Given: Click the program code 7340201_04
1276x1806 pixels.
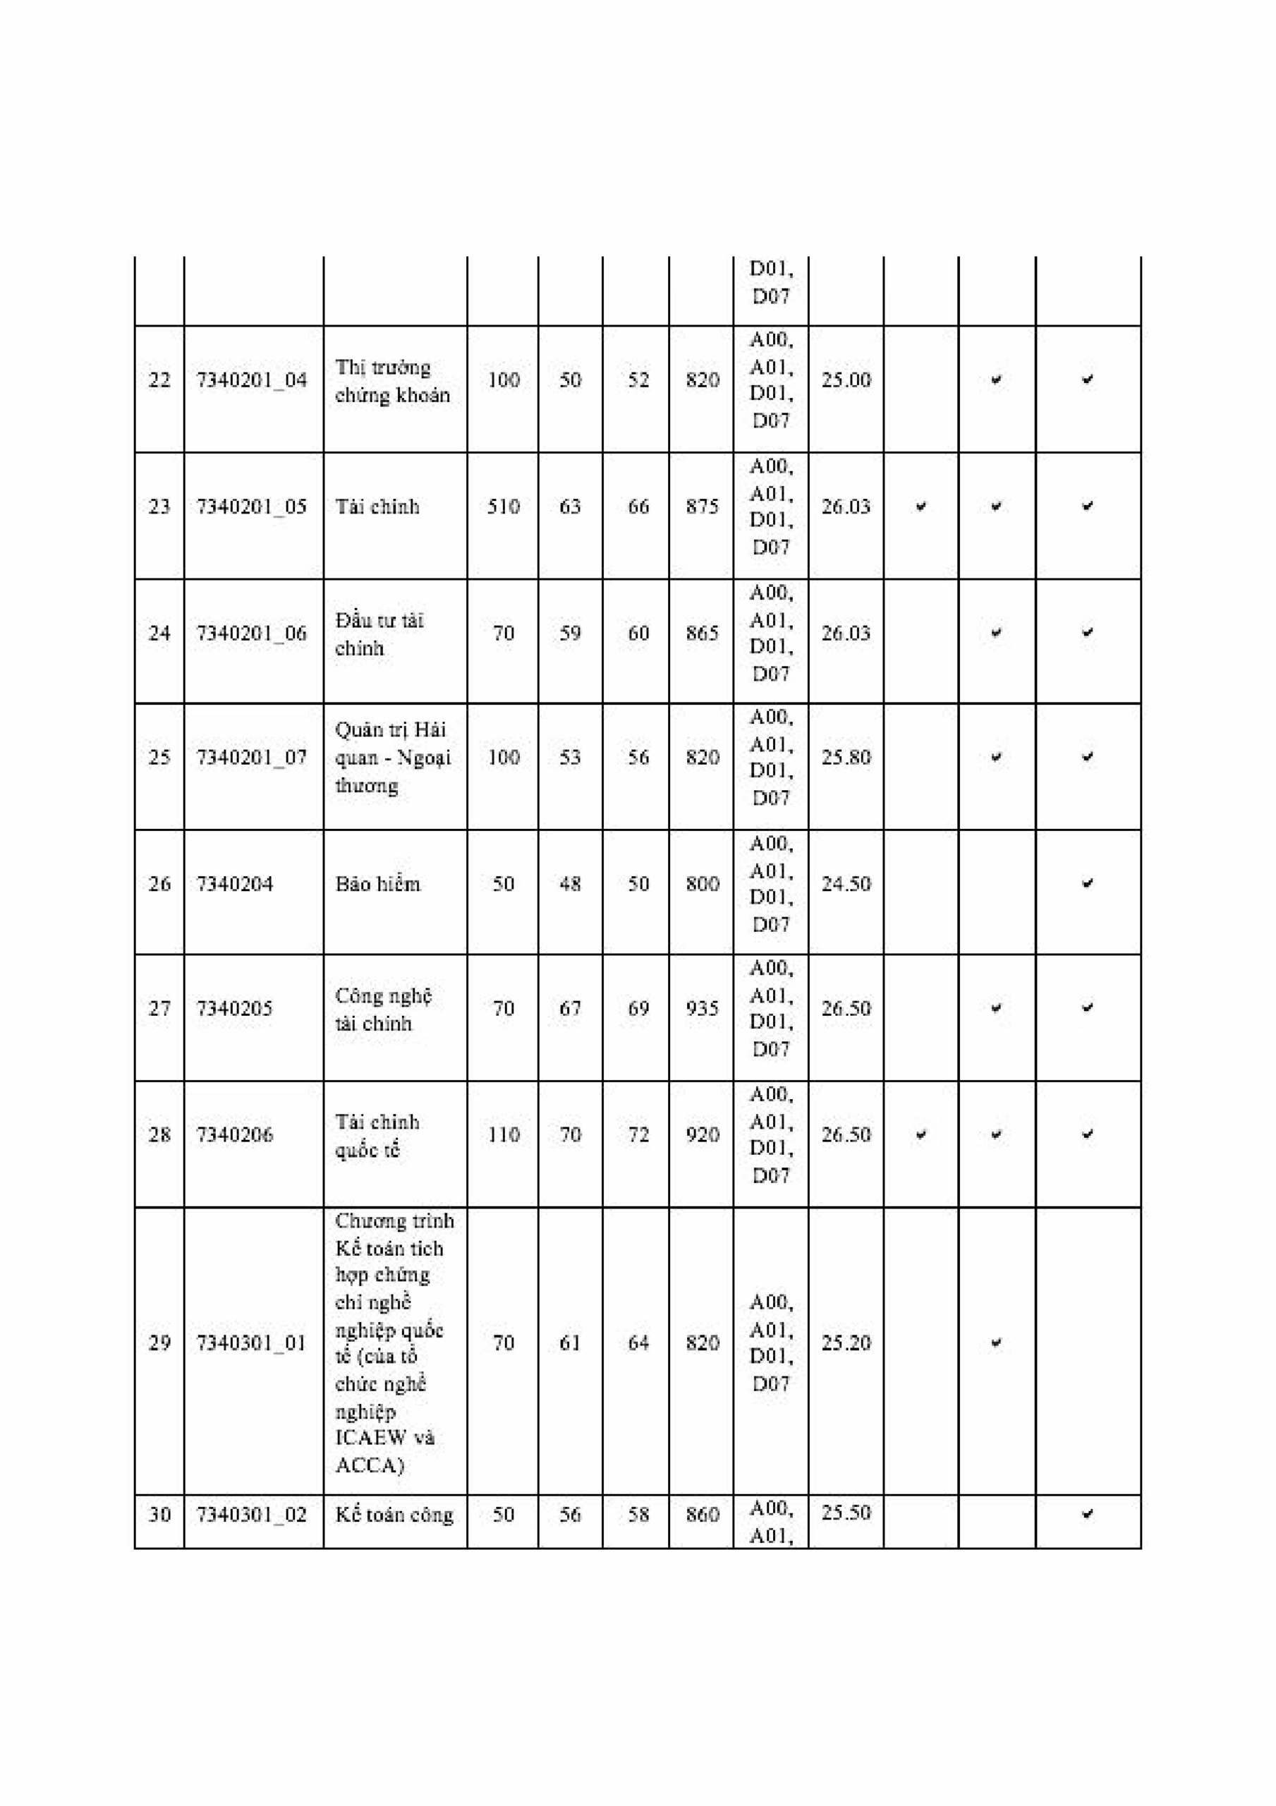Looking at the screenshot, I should click(252, 381).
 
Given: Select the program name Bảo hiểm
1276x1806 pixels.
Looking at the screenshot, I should click(377, 884).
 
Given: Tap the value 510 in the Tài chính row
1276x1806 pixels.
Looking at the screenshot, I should click(503, 507).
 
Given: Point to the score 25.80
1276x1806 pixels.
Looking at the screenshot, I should click(846, 758).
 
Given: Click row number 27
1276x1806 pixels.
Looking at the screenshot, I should click(159, 1008).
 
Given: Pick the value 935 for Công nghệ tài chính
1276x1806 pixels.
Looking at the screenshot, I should click(702, 1008).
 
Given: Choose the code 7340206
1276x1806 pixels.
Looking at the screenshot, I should click(234, 1134).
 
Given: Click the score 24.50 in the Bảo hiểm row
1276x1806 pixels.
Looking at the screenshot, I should click(846, 884).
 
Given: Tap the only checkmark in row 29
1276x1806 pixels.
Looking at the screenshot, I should click(996, 1343).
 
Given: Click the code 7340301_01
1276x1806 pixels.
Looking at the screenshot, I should click(252, 1343).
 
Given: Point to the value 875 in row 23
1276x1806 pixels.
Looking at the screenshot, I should click(702, 507).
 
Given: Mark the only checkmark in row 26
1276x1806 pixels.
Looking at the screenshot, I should click(1087, 883).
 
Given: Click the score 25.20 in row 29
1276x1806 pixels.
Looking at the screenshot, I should click(846, 1343).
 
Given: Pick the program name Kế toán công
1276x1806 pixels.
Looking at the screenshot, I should click(394, 1515).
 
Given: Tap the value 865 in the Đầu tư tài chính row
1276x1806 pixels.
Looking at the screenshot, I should click(702, 634).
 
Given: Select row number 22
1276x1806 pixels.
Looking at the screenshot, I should click(159, 381).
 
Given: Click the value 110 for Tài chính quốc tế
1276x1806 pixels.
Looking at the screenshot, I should click(503, 1134).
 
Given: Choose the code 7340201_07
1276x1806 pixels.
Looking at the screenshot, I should click(252, 758).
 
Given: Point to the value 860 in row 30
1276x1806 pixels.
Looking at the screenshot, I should click(702, 1515).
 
